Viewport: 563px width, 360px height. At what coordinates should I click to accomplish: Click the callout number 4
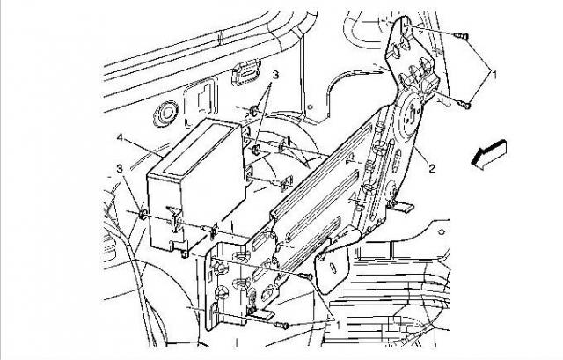(x=121, y=137)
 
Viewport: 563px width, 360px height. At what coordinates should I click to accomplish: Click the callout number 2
(x=432, y=168)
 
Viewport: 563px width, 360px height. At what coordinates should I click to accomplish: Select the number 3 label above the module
(x=275, y=75)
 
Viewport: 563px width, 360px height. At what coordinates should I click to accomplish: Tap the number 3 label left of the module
(x=121, y=168)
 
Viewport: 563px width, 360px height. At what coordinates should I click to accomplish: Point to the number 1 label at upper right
(x=494, y=75)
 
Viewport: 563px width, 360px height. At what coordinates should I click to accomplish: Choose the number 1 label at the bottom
(x=338, y=325)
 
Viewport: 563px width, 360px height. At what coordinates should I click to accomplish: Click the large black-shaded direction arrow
(x=489, y=155)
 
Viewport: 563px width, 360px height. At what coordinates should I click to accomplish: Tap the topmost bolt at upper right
(x=461, y=35)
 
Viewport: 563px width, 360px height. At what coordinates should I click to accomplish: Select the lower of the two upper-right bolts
(x=464, y=104)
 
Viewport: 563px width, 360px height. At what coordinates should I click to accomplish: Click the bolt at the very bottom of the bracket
(x=281, y=326)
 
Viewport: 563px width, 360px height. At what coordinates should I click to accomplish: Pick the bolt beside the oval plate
(x=305, y=276)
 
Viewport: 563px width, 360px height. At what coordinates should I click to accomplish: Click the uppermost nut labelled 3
(x=254, y=110)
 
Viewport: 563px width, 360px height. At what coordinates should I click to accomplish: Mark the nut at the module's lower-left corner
(x=143, y=215)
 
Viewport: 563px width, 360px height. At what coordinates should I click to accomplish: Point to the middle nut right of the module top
(x=256, y=149)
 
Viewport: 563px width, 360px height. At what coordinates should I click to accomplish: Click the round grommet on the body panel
(x=165, y=114)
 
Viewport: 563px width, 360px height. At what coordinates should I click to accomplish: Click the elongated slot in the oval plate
(x=333, y=268)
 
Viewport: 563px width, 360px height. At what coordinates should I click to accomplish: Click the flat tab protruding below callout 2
(x=403, y=207)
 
